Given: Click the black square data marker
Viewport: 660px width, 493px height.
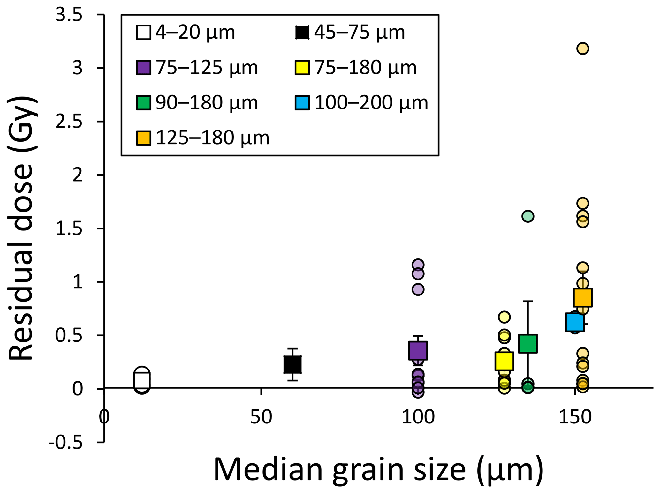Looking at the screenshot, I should tap(292, 364).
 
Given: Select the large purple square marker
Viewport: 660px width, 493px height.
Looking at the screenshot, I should tap(418, 350).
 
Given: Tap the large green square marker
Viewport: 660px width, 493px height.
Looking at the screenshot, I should tap(527, 343).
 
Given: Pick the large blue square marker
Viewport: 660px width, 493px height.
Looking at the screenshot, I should tap(574, 322).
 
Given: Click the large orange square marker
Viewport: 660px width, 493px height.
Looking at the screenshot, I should tap(582, 297).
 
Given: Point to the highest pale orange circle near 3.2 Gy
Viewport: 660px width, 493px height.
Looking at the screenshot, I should tap(582, 49).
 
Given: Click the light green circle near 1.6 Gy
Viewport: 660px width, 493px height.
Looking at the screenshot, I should tap(527, 216).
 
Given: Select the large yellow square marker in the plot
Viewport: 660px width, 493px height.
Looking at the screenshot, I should tap(504, 361).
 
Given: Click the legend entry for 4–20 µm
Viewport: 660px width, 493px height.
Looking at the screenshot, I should tap(186, 32).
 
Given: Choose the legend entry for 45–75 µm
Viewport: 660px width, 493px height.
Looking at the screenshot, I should tap(350, 32).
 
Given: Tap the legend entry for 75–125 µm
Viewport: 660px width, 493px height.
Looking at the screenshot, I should tap(197, 68).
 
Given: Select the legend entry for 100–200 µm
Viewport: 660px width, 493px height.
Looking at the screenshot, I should tap(361, 103).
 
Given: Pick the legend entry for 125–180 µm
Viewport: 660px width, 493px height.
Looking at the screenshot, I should tap(203, 138).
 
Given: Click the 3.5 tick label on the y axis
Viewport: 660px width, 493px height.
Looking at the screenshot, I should tap(69, 15).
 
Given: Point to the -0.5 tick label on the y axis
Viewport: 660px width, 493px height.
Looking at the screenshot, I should tap(65, 443).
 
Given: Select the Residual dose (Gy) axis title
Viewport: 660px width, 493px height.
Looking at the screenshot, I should tap(22, 228).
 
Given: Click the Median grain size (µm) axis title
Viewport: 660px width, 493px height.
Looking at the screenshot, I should tap(378, 469).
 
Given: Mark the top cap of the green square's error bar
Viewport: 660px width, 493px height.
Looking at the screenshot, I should tap(527, 301).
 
